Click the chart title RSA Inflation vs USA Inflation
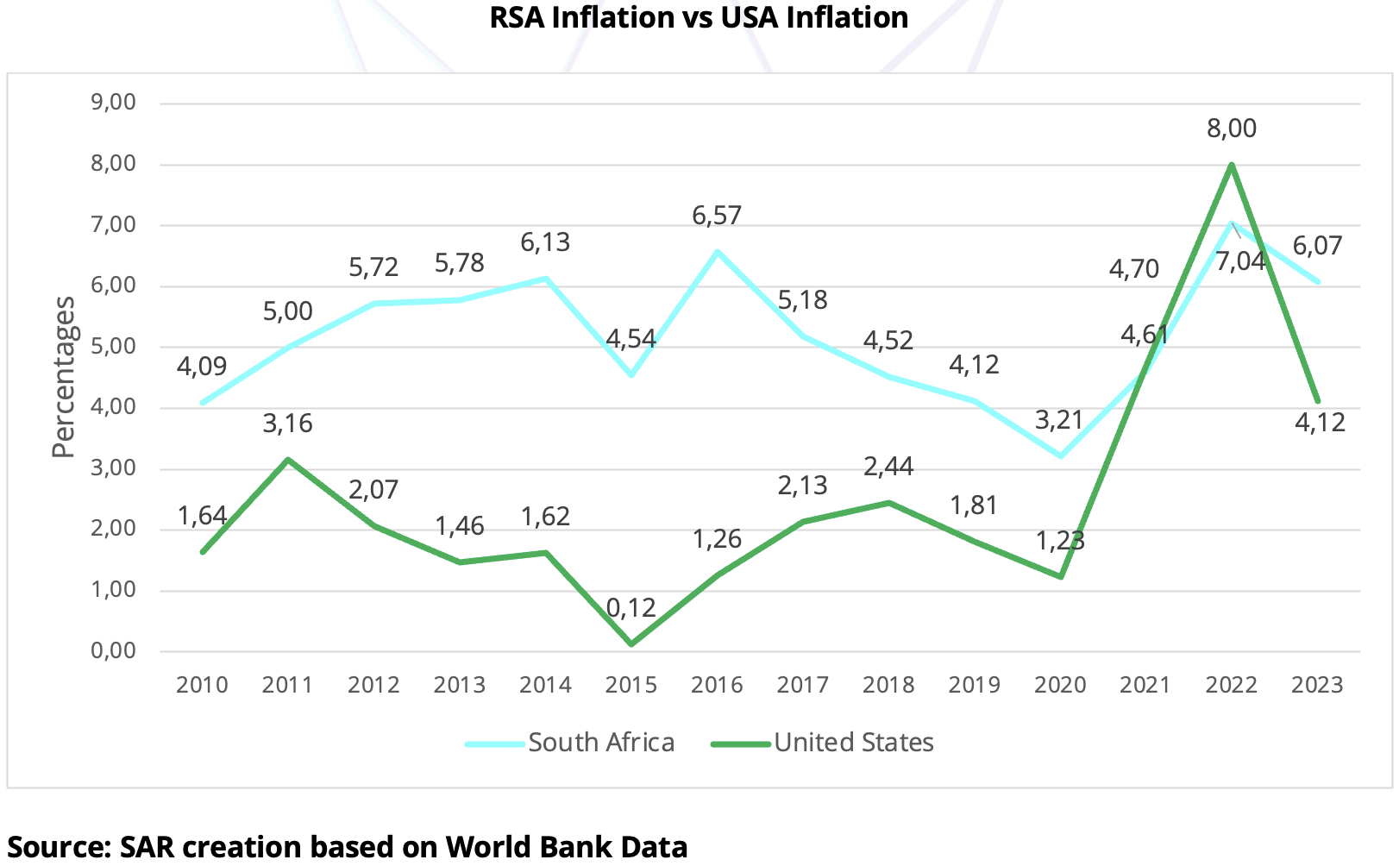pos(699,17)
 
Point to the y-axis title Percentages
pos(64,377)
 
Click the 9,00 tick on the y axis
pos(113,103)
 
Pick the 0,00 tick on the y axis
pos(113,651)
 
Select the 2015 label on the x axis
pos(630,686)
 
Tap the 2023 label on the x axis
pos(1317,686)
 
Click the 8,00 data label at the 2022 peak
pos(1231,129)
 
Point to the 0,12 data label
pos(630,609)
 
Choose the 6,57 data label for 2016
pos(717,216)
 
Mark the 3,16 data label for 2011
pos(287,424)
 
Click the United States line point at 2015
pos(631,643)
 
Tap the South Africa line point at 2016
pos(717,252)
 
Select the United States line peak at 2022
pos(1232,165)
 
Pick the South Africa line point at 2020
pos(1060,455)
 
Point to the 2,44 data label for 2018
pos(888,467)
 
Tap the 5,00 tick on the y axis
pos(113,347)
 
